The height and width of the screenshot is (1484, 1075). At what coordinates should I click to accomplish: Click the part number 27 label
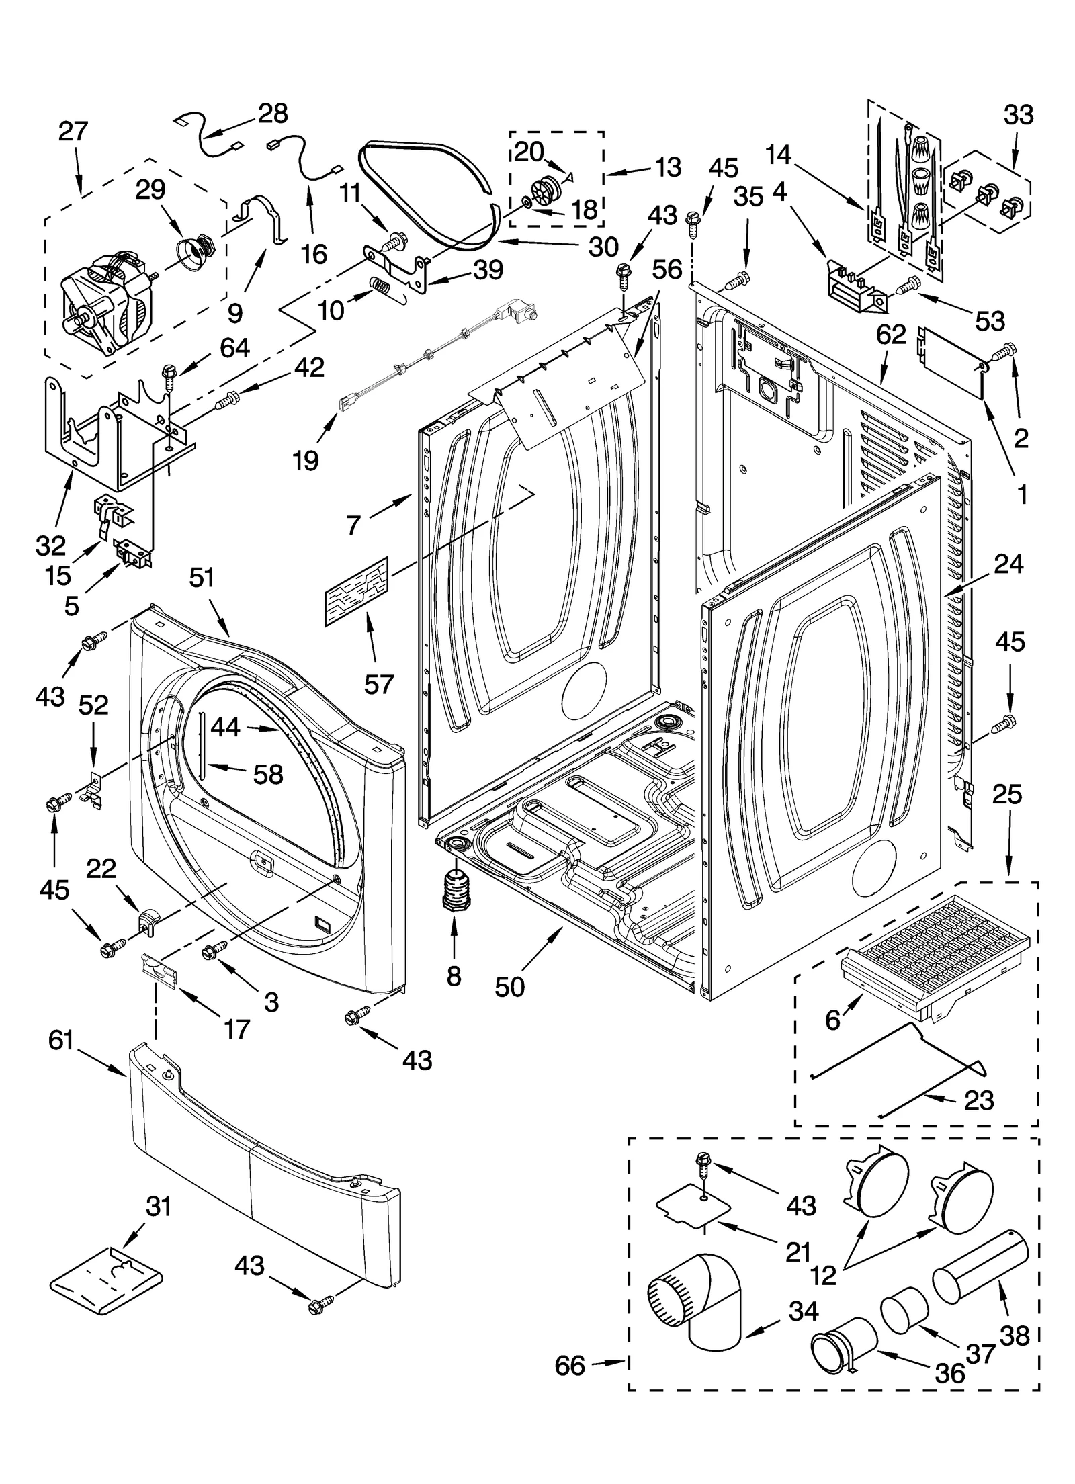point(73,131)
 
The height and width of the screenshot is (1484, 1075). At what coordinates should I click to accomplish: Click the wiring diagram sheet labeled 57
point(357,592)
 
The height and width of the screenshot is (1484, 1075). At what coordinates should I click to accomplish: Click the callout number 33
point(1018,115)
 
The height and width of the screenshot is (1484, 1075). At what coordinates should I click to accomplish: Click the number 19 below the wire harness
point(306,462)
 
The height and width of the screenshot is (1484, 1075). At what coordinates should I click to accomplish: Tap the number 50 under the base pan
point(509,987)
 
